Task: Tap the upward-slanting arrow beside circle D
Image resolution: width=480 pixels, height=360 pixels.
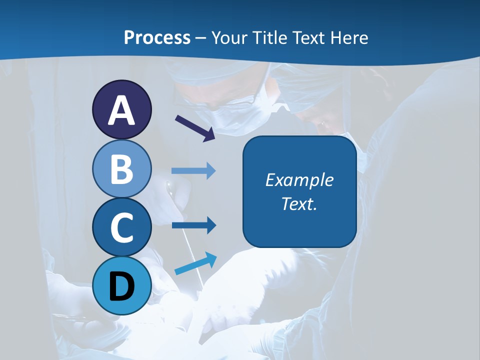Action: tap(195, 263)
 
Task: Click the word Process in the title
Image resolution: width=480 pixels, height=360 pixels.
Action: tap(157, 37)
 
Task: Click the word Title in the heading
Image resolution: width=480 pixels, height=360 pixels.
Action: tap(267, 37)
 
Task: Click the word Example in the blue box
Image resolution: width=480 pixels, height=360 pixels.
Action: tap(299, 180)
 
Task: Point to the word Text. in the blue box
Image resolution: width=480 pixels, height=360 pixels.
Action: tap(299, 203)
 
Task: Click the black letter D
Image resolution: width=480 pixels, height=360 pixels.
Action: tap(121, 286)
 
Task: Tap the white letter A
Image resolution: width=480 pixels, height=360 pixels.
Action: tap(121, 110)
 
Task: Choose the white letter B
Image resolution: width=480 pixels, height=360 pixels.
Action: tap(121, 169)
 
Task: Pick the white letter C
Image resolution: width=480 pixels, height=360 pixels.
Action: tap(121, 228)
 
